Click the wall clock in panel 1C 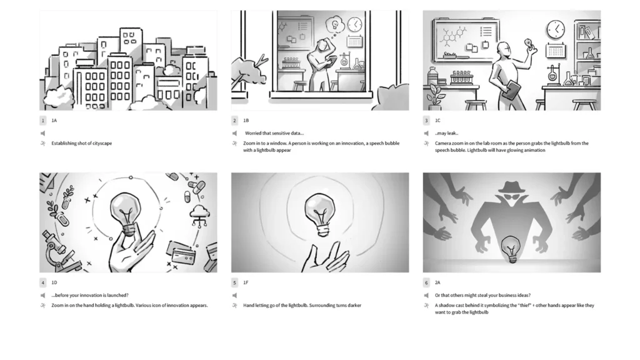pos(556,29)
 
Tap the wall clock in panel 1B pos(355,24)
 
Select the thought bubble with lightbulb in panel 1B pos(334,24)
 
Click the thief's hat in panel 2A pos(511,187)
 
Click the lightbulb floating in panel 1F pos(321,214)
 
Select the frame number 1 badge pos(43,121)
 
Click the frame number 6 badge pos(426,282)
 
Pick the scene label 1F pos(246,282)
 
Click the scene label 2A pos(437,282)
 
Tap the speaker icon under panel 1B pos(235,133)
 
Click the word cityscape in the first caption pos(101,143)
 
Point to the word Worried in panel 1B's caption pos(253,133)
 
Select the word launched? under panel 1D pos(117,295)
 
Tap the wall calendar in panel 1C pos(556,51)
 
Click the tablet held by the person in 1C pos(511,90)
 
